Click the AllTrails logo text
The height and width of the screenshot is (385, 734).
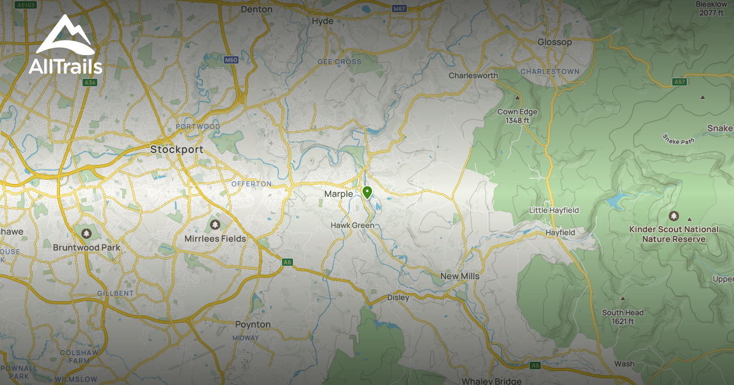(65, 66)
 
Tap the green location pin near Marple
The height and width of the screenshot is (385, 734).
(367, 193)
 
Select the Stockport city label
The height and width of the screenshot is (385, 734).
(177, 149)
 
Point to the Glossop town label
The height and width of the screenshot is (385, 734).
(554, 42)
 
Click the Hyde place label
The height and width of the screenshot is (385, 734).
(322, 21)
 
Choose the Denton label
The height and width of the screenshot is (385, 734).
(256, 9)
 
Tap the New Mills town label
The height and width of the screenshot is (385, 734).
(460, 276)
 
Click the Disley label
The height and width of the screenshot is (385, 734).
(398, 298)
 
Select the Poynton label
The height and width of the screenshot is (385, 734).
(253, 324)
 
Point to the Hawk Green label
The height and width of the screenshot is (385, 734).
(352, 226)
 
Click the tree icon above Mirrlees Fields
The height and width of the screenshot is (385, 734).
(215, 225)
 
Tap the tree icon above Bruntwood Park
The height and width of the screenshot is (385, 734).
(86, 233)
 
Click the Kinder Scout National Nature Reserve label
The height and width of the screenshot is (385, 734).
(673, 234)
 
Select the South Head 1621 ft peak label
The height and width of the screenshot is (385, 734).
(622, 317)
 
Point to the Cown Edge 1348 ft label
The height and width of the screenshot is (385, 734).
(517, 116)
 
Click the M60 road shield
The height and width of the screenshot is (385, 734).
(231, 60)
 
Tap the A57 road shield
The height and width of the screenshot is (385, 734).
(679, 81)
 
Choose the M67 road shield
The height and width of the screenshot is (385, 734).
(399, 9)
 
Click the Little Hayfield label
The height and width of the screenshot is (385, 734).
(554, 211)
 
